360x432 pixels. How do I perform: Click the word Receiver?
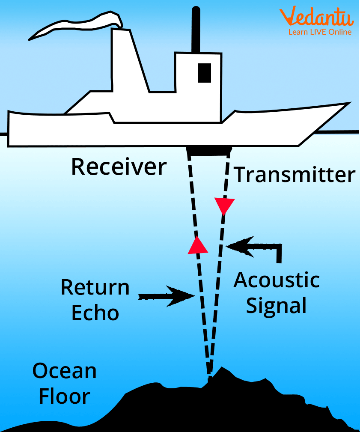[119, 167]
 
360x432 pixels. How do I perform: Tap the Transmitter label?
[295, 175]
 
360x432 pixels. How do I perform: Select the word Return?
[95, 287]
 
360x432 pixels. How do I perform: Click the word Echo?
[95, 313]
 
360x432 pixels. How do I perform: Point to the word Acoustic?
[277, 280]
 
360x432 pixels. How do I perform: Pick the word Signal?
[277, 306]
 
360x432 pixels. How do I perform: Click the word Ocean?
[65, 371]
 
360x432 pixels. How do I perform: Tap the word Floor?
[65, 396]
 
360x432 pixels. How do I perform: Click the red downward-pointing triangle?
[225, 206]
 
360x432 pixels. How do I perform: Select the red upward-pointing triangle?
[197, 245]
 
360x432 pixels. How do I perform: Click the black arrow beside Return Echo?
[167, 295]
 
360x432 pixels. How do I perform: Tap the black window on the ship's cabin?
[205, 72]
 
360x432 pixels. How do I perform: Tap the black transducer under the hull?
[209, 150]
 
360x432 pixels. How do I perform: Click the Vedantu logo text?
[317, 18]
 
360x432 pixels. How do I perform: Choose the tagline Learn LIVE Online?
[320, 32]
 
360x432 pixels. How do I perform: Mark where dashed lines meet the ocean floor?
[209, 377]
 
